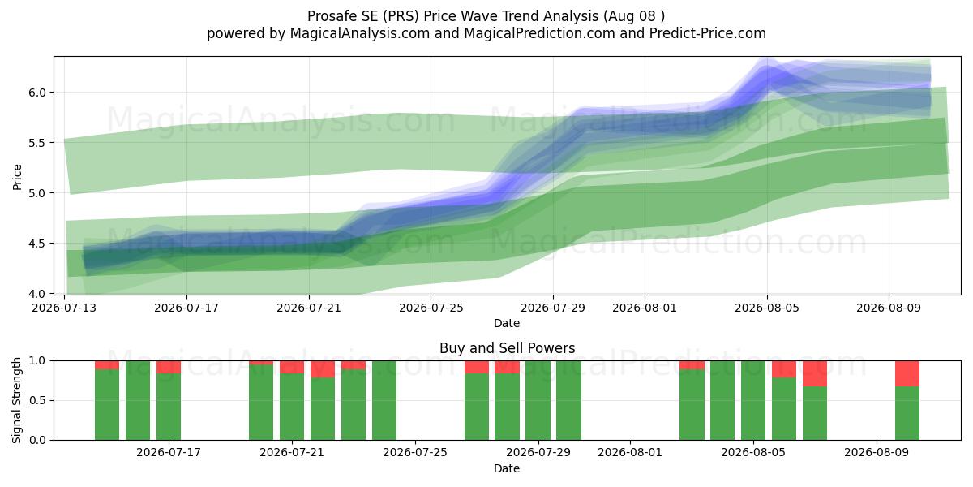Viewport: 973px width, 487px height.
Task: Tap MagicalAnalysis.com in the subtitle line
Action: tap(360, 33)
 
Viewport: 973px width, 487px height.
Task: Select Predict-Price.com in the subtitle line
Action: tap(708, 33)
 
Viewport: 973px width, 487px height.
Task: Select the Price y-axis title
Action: tap(17, 178)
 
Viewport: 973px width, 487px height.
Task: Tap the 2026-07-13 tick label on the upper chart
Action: tap(65, 308)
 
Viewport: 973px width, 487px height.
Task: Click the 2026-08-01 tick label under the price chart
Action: tap(645, 308)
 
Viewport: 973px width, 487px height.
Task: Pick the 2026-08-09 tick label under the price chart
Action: tap(889, 308)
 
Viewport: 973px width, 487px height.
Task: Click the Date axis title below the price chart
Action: tap(507, 323)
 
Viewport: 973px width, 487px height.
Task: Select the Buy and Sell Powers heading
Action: tap(507, 348)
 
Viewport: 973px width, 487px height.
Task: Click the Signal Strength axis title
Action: tap(16, 400)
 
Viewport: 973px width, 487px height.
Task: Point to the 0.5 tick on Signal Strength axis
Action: tap(38, 400)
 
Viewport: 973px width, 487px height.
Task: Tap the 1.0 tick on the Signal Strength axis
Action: tap(38, 361)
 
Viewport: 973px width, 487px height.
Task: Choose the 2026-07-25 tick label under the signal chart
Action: tap(415, 453)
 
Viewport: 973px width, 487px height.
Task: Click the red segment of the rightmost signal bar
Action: tap(907, 373)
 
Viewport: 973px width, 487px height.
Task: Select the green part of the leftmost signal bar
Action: tap(107, 404)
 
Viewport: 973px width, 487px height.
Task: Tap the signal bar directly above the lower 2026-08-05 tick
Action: tap(753, 400)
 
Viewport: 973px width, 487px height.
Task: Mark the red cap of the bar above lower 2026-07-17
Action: tap(169, 367)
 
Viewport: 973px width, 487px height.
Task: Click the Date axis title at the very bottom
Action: tap(507, 468)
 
